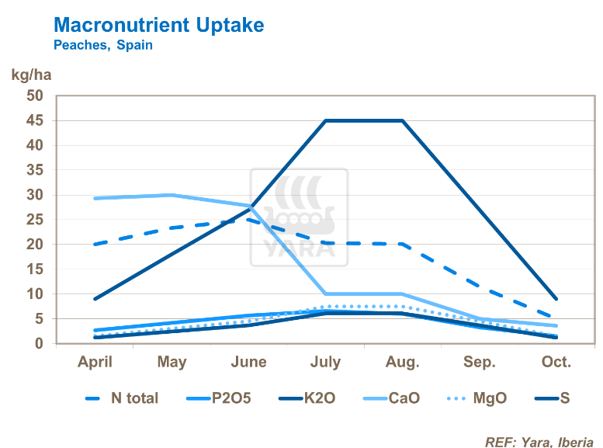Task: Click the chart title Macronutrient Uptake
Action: click(x=158, y=25)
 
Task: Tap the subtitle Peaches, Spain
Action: click(x=102, y=45)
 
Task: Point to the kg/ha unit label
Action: click(x=30, y=76)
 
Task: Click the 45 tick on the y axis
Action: click(x=36, y=120)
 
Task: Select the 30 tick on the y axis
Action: click(x=36, y=195)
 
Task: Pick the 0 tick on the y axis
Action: click(x=40, y=343)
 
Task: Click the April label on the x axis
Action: click(x=95, y=362)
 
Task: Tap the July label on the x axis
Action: click(x=325, y=362)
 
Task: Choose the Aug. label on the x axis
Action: click(x=402, y=362)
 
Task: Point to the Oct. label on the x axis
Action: click(x=556, y=362)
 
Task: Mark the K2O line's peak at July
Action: click(x=325, y=120)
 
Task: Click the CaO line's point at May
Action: click(x=172, y=195)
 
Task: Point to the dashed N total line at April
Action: click(x=95, y=244)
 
